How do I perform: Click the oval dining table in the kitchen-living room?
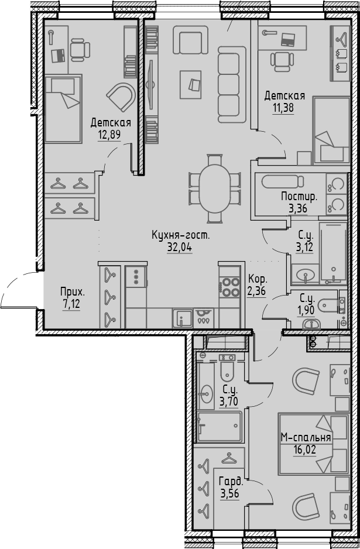click(215, 188)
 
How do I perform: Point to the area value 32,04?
click(180, 246)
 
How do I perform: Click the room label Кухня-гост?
click(180, 235)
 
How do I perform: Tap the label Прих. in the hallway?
click(72, 291)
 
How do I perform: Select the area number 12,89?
click(110, 133)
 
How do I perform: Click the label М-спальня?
click(306, 437)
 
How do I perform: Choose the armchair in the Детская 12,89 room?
click(121, 97)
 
